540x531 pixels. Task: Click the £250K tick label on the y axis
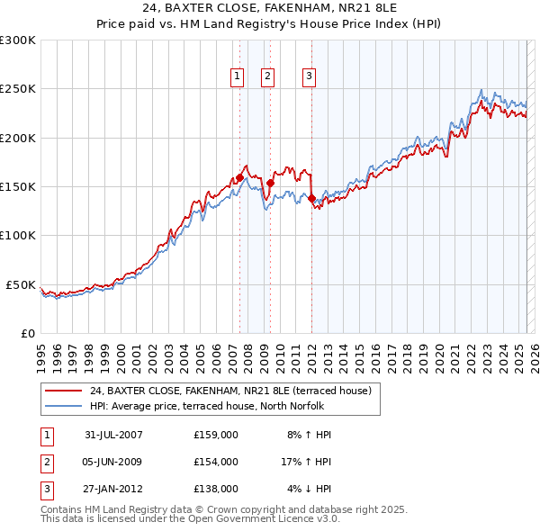click(x=18, y=89)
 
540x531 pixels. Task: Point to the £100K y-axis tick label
click(x=18, y=236)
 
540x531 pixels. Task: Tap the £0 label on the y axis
click(x=27, y=334)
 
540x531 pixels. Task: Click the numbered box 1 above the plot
click(x=237, y=76)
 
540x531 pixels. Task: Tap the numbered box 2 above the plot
click(x=268, y=76)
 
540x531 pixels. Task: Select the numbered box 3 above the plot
click(x=309, y=76)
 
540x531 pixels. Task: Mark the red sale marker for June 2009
click(x=270, y=183)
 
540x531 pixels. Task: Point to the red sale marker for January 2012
click(x=311, y=198)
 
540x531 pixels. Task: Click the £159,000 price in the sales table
click(x=216, y=435)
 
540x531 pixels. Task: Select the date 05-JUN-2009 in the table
click(x=113, y=462)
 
